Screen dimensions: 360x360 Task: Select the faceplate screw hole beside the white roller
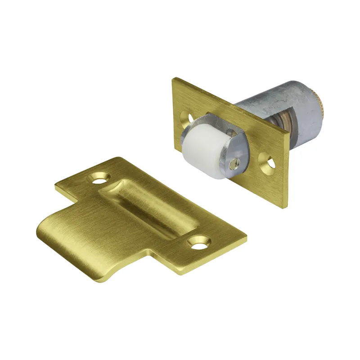(x=185, y=117)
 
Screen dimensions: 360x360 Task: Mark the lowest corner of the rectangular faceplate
(x=283, y=208)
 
